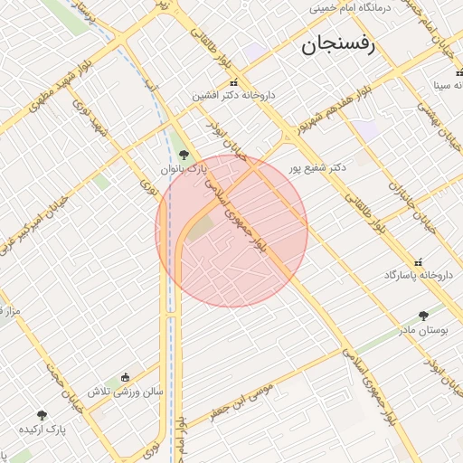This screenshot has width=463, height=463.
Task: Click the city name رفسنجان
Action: point(340,45)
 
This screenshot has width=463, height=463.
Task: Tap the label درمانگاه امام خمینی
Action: point(362,7)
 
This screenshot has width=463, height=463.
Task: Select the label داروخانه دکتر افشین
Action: point(233,95)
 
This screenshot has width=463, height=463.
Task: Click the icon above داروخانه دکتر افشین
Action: point(233,82)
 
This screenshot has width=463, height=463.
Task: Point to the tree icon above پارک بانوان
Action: point(184,155)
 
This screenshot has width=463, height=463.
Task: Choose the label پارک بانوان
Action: point(184,168)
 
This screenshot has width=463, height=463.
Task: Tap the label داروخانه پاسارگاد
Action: point(417,273)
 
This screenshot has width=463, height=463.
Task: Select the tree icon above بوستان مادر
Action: point(423,316)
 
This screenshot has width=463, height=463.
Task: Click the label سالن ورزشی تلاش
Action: point(125,392)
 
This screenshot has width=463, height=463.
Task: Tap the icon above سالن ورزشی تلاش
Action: point(125,378)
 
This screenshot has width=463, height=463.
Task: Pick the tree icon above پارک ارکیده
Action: point(42,415)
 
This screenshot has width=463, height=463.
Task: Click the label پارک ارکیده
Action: point(42,429)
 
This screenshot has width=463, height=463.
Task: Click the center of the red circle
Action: point(231,231)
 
